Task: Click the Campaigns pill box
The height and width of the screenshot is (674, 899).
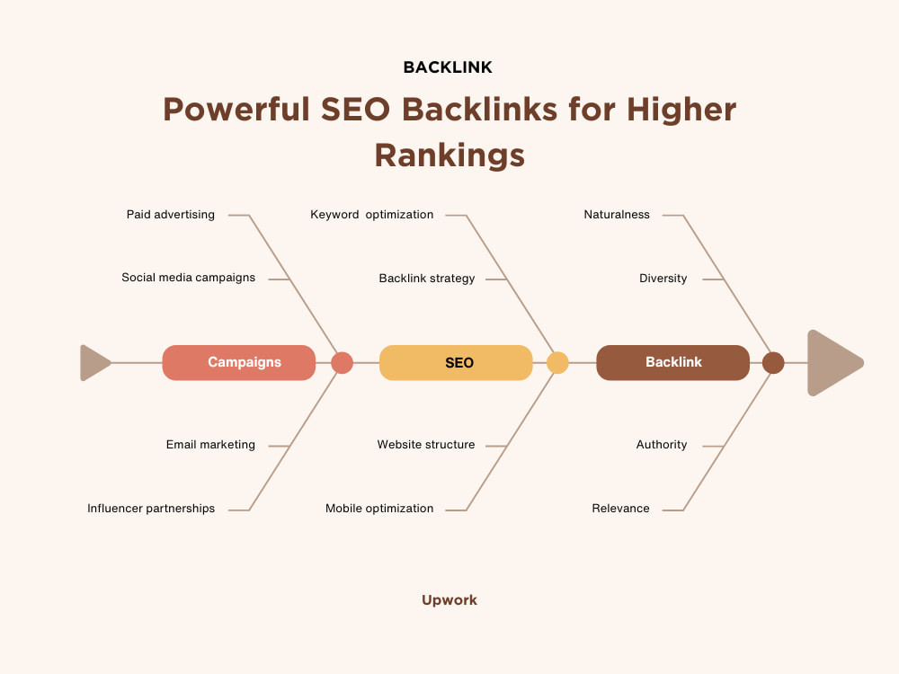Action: (238, 363)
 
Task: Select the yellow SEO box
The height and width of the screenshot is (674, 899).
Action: (456, 363)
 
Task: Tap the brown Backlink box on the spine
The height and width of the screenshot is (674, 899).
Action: (672, 363)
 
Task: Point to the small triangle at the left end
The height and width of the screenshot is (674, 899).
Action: (94, 363)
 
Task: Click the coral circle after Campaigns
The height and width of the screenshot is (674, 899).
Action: (343, 363)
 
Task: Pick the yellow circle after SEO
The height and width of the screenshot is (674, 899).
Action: (557, 363)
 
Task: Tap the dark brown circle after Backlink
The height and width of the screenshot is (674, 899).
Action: (773, 363)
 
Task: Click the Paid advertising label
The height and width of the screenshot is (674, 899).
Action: (170, 215)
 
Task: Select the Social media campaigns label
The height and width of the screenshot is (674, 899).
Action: (188, 278)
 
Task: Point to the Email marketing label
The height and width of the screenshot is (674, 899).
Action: (210, 445)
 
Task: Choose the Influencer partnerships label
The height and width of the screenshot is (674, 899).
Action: (151, 509)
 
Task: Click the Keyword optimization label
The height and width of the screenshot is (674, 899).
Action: (371, 215)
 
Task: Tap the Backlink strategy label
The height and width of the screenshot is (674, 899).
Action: (426, 279)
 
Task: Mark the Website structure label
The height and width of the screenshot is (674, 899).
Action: (426, 445)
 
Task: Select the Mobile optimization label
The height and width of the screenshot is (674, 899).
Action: (379, 509)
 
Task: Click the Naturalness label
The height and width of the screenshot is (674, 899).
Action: (617, 215)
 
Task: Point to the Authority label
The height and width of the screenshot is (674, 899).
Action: (662, 445)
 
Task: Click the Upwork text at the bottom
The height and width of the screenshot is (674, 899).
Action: (449, 600)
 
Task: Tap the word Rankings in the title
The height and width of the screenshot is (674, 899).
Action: (449, 155)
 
